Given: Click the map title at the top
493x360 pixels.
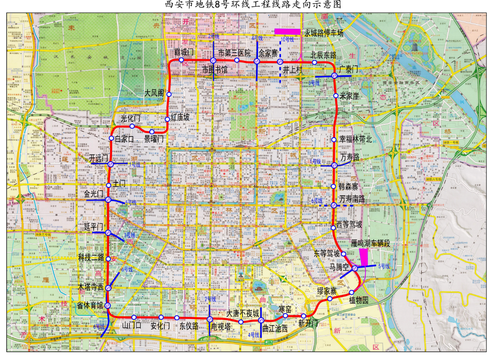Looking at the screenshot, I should tap(246, 5).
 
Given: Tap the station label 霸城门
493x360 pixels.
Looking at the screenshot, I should tap(184, 52).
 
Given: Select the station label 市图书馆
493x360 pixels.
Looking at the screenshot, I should tap(215, 70).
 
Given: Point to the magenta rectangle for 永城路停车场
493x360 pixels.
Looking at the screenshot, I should tap(287, 31).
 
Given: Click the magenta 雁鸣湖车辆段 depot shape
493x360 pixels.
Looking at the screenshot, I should tap(364, 257).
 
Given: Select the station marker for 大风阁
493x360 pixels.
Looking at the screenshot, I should tap(169, 94).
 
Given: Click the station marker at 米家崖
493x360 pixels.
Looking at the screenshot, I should tap(336, 96).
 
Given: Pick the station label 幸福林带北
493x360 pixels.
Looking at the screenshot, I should tap(355, 139).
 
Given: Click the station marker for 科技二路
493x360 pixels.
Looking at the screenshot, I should tap(108, 259).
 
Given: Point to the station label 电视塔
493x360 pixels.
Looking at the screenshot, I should tap(221, 326).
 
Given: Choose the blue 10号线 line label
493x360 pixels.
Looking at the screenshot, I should tap(287, 39).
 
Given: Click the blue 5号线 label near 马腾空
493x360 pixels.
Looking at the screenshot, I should tap(384, 266).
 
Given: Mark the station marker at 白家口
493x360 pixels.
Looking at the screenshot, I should tap(111, 138).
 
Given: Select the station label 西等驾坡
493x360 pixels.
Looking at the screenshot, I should tap(349, 225).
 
